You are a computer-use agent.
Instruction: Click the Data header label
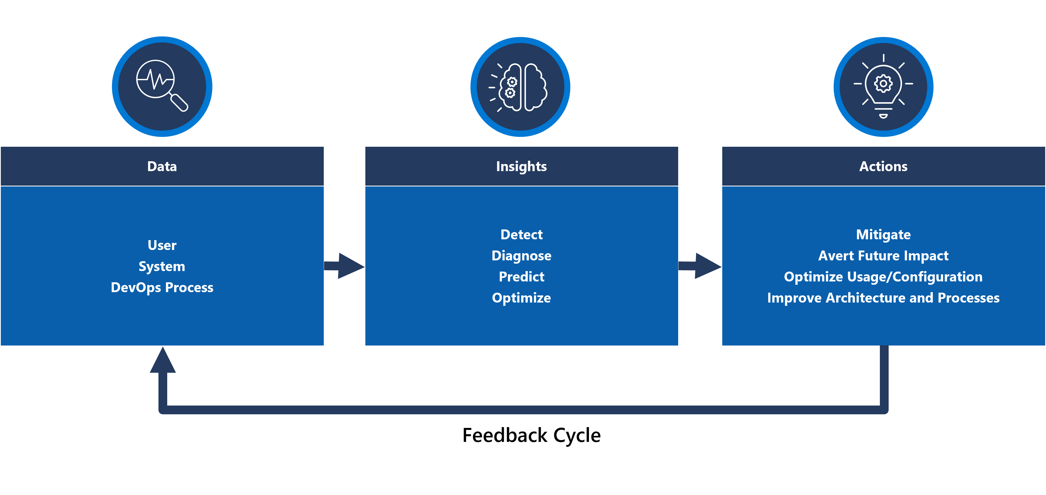(x=162, y=166)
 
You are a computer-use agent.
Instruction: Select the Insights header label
(x=521, y=166)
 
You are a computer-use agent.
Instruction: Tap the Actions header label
(x=883, y=166)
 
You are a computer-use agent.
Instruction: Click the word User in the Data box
(x=162, y=245)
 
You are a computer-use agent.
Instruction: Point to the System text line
(x=162, y=266)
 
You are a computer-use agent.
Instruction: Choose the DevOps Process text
(x=162, y=287)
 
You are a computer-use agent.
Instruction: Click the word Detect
(x=521, y=235)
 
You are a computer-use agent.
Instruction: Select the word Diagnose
(x=521, y=256)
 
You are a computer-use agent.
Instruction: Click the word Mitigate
(x=883, y=235)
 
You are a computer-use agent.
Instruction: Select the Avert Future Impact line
(x=883, y=256)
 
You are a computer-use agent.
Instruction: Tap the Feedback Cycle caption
(x=531, y=436)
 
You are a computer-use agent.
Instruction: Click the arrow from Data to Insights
(x=345, y=266)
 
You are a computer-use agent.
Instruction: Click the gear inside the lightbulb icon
(x=883, y=84)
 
